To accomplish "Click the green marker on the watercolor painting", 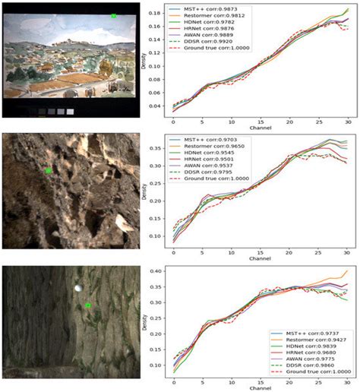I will (114, 15).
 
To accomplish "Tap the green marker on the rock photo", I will (49, 171).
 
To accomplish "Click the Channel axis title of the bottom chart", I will (260, 387).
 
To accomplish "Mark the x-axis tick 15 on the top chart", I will (260, 121).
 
